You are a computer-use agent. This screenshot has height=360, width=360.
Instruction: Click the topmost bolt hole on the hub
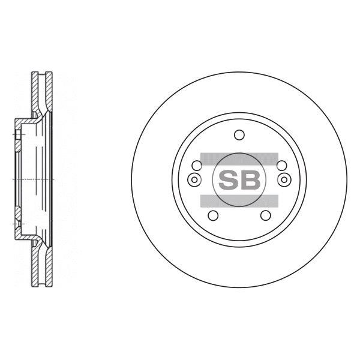pos(239,134)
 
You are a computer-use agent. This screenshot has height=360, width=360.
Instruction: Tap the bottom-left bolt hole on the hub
pos(213,215)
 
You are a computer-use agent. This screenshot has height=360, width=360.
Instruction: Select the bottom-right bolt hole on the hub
pos(266,215)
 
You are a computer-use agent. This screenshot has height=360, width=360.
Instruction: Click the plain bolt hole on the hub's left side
pos(197,166)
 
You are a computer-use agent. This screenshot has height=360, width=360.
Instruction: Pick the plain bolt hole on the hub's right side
pos(282,166)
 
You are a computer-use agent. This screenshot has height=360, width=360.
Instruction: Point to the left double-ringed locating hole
pos(194,179)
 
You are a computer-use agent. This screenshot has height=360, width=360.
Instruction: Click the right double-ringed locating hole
pos(284,179)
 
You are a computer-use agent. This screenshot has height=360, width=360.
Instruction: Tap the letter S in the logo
pos(228,180)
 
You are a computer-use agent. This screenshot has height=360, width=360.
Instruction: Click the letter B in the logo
pos(250,180)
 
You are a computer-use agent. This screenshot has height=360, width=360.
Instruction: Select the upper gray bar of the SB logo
pos(239,159)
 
